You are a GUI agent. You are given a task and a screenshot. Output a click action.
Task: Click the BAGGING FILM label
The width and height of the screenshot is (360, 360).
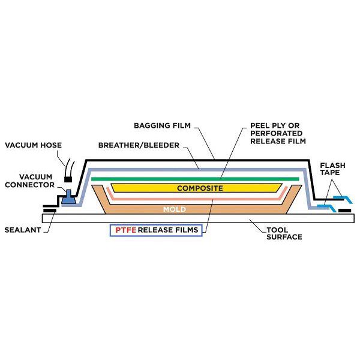[x=162, y=125]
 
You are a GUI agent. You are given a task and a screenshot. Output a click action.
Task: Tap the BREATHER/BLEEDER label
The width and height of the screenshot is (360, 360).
[x=139, y=145]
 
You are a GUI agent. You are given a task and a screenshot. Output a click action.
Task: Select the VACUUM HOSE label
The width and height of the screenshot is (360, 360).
[x=33, y=145]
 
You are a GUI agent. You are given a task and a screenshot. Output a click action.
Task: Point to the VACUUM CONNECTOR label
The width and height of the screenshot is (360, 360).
[x=29, y=181]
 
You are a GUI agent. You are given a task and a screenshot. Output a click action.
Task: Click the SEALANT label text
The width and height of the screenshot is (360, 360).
[x=23, y=230]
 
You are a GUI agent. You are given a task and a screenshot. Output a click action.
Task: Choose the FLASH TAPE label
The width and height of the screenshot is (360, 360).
[x=332, y=169]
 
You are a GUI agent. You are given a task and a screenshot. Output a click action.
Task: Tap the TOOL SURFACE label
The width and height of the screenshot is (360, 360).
[x=284, y=233]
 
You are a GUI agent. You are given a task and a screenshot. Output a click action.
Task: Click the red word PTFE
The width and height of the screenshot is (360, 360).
[x=125, y=230]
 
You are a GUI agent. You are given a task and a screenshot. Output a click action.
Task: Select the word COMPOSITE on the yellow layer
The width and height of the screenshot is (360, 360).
[x=200, y=188]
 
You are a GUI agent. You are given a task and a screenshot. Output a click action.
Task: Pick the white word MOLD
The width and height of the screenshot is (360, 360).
[x=175, y=209]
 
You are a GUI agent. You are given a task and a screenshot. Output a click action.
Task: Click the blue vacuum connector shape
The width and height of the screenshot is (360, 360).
[x=68, y=197]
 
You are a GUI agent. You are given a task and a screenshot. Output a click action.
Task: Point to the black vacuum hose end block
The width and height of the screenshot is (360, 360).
[x=68, y=179]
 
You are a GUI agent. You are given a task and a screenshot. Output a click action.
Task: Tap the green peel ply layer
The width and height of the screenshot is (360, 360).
[x=195, y=179]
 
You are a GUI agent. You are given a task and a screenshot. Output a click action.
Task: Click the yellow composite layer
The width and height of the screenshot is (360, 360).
[x=197, y=188]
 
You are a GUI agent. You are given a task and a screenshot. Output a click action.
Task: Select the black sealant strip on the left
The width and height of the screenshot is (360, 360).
[x=50, y=211]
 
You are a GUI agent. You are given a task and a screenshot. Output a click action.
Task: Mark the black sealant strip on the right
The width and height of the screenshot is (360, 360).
[x=345, y=211]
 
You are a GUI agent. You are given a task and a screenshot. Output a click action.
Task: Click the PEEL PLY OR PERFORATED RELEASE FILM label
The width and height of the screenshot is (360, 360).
[x=278, y=133]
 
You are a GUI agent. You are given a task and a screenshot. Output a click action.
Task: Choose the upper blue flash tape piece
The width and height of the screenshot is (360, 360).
[x=343, y=199]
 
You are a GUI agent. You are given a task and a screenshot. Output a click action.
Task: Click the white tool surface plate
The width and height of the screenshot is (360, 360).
[x=198, y=218]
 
